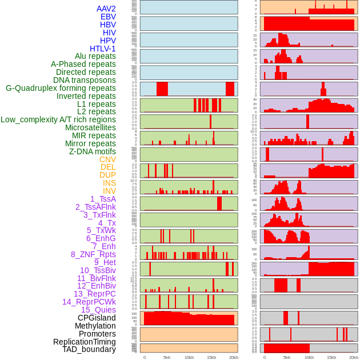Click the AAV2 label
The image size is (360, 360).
coord(106,9)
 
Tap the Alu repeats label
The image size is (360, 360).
coord(95,57)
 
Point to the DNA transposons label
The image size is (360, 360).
coord(85,81)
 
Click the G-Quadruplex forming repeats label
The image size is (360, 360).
coord(61,89)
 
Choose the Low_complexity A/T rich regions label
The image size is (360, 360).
coord(58,120)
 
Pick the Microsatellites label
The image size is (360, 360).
coord(90,128)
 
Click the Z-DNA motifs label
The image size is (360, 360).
coord(92,151)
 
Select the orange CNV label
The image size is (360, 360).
coord(107,159)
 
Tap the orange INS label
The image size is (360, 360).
coord(109,183)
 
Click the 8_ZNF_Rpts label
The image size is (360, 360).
coord(93,254)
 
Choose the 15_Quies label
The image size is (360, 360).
coord(98,310)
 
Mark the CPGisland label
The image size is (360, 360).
coord(97,318)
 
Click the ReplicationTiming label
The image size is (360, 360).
coord(84,342)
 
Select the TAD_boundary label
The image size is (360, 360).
coord(89,349)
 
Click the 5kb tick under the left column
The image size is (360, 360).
coord(167,357)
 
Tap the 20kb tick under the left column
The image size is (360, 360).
coord(234,357)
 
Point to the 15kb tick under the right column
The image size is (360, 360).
coord(331,357)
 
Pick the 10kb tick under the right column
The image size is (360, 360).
coord(309,357)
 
